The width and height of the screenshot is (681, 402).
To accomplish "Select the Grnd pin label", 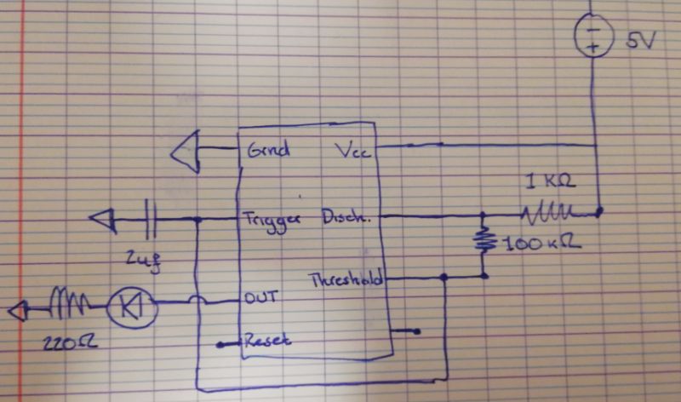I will click(268, 150).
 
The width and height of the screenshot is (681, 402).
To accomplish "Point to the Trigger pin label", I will click(273, 218).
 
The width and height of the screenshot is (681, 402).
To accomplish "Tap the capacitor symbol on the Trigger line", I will click(152, 220).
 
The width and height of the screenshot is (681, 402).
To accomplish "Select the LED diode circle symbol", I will click(129, 304).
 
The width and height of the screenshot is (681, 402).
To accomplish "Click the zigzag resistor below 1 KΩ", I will click(549, 210).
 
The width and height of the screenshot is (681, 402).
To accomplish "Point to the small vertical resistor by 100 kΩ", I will click(484, 239).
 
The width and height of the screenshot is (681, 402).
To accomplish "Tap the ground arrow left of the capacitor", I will click(104, 221).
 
